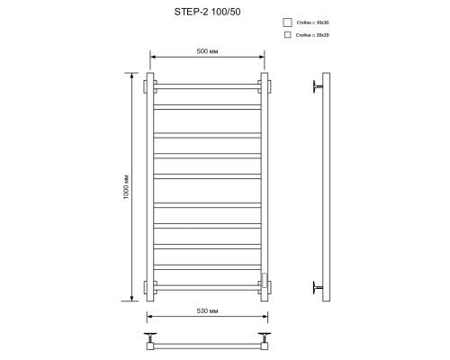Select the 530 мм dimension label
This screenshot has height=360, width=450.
[x=208, y=310]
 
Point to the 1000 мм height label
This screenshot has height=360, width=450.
[x=128, y=187]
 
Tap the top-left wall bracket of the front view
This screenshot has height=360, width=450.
[x=150, y=86]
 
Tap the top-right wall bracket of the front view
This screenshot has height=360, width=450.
[x=264, y=86]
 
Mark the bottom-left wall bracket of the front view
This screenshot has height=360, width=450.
[x=150, y=288]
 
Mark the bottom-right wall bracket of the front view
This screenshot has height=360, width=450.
[x=264, y=288]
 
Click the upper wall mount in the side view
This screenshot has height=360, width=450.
[x=317, y=86]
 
